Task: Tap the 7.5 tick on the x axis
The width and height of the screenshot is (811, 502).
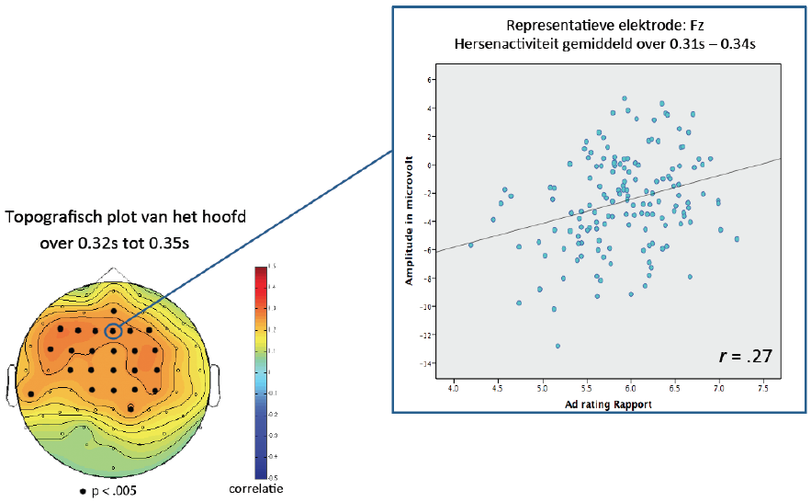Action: click(x=764, y=389)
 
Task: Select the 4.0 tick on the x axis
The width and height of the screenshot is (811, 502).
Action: click(x=453, y=389)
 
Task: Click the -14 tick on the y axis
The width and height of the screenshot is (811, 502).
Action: click(x=425, y=363)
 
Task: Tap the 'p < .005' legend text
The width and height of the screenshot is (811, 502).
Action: click(x=113, y=491)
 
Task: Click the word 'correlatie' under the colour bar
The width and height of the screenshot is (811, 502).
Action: click(x=256, y=489)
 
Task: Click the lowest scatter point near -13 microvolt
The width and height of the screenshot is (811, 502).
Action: click(x=558, y=346)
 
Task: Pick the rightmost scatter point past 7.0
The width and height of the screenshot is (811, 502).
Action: click(x=737, y=239)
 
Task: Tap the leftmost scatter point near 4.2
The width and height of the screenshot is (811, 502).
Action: click(x=471, y=245)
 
